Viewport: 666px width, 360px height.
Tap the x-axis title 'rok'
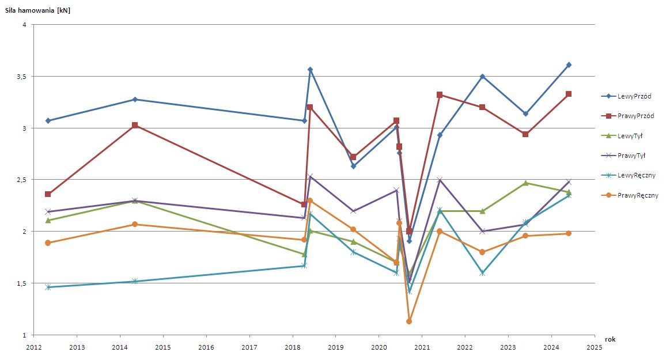click(610, 340)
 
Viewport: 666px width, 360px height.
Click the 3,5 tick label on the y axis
click(21, 77)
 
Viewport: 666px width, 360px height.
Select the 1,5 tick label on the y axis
click(21, 283)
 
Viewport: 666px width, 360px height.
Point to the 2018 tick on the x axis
click(292, 348)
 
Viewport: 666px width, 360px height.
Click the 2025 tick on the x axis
click(594, 348)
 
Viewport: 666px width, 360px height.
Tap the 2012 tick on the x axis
click(33, 348)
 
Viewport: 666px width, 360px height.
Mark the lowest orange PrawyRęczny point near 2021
click(409, 321)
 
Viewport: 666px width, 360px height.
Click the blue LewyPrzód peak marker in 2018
click(310, 70)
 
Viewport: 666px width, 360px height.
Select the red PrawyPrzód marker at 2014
click(135, 125)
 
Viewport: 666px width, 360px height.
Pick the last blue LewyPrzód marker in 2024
click(569, 65)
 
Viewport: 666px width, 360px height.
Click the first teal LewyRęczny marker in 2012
click(48, 287)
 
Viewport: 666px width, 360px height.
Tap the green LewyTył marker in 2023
click(525, 183)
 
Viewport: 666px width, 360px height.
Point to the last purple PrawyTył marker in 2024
click(569, 182)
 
